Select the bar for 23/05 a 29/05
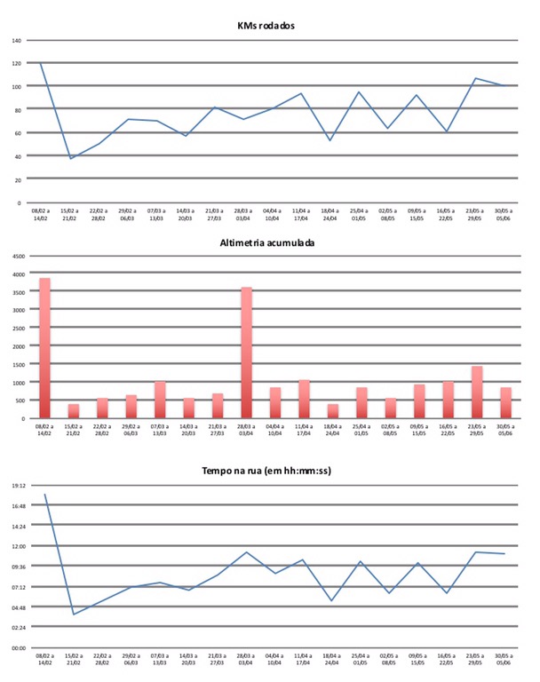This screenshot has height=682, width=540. coord(476,392)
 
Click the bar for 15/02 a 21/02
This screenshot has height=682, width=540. coord(73,411)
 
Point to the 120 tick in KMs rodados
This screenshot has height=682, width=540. coord(16,63)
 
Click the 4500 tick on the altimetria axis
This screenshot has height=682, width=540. coord(19,256)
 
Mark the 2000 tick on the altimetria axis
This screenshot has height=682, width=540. coord(19,346)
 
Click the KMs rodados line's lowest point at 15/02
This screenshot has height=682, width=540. coord(71,159)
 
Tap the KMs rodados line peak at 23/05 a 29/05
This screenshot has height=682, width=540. coord(475,78)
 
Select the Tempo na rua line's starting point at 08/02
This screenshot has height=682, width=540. coord(44,494)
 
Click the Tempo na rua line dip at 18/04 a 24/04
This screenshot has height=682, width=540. coord(330,601)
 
